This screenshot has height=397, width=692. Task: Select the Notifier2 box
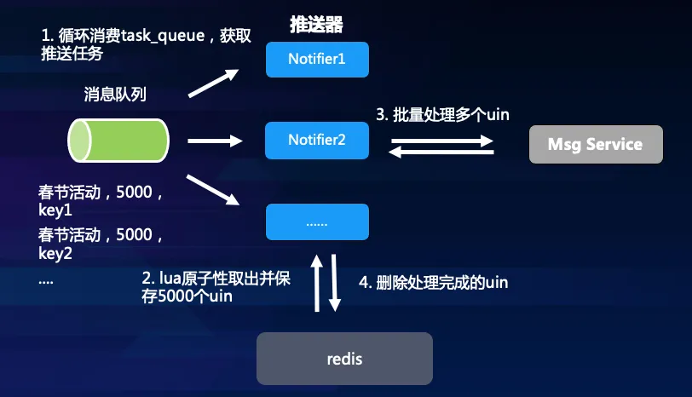click(317, 140)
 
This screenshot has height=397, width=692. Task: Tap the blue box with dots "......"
click(317, 222)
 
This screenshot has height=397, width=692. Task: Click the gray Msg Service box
click(595, 144)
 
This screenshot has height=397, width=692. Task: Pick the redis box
click(344, 358)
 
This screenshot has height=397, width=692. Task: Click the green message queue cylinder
click(118, 139)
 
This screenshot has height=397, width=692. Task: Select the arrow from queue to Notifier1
click(212, 83)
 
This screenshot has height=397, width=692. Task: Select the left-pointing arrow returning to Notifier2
click(442, 152)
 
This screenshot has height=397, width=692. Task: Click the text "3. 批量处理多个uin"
click(442, 114)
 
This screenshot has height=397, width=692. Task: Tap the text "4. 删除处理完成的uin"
click(442, 282)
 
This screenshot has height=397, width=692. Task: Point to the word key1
click(55, 210)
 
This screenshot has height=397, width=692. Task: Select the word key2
click(55, 253)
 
